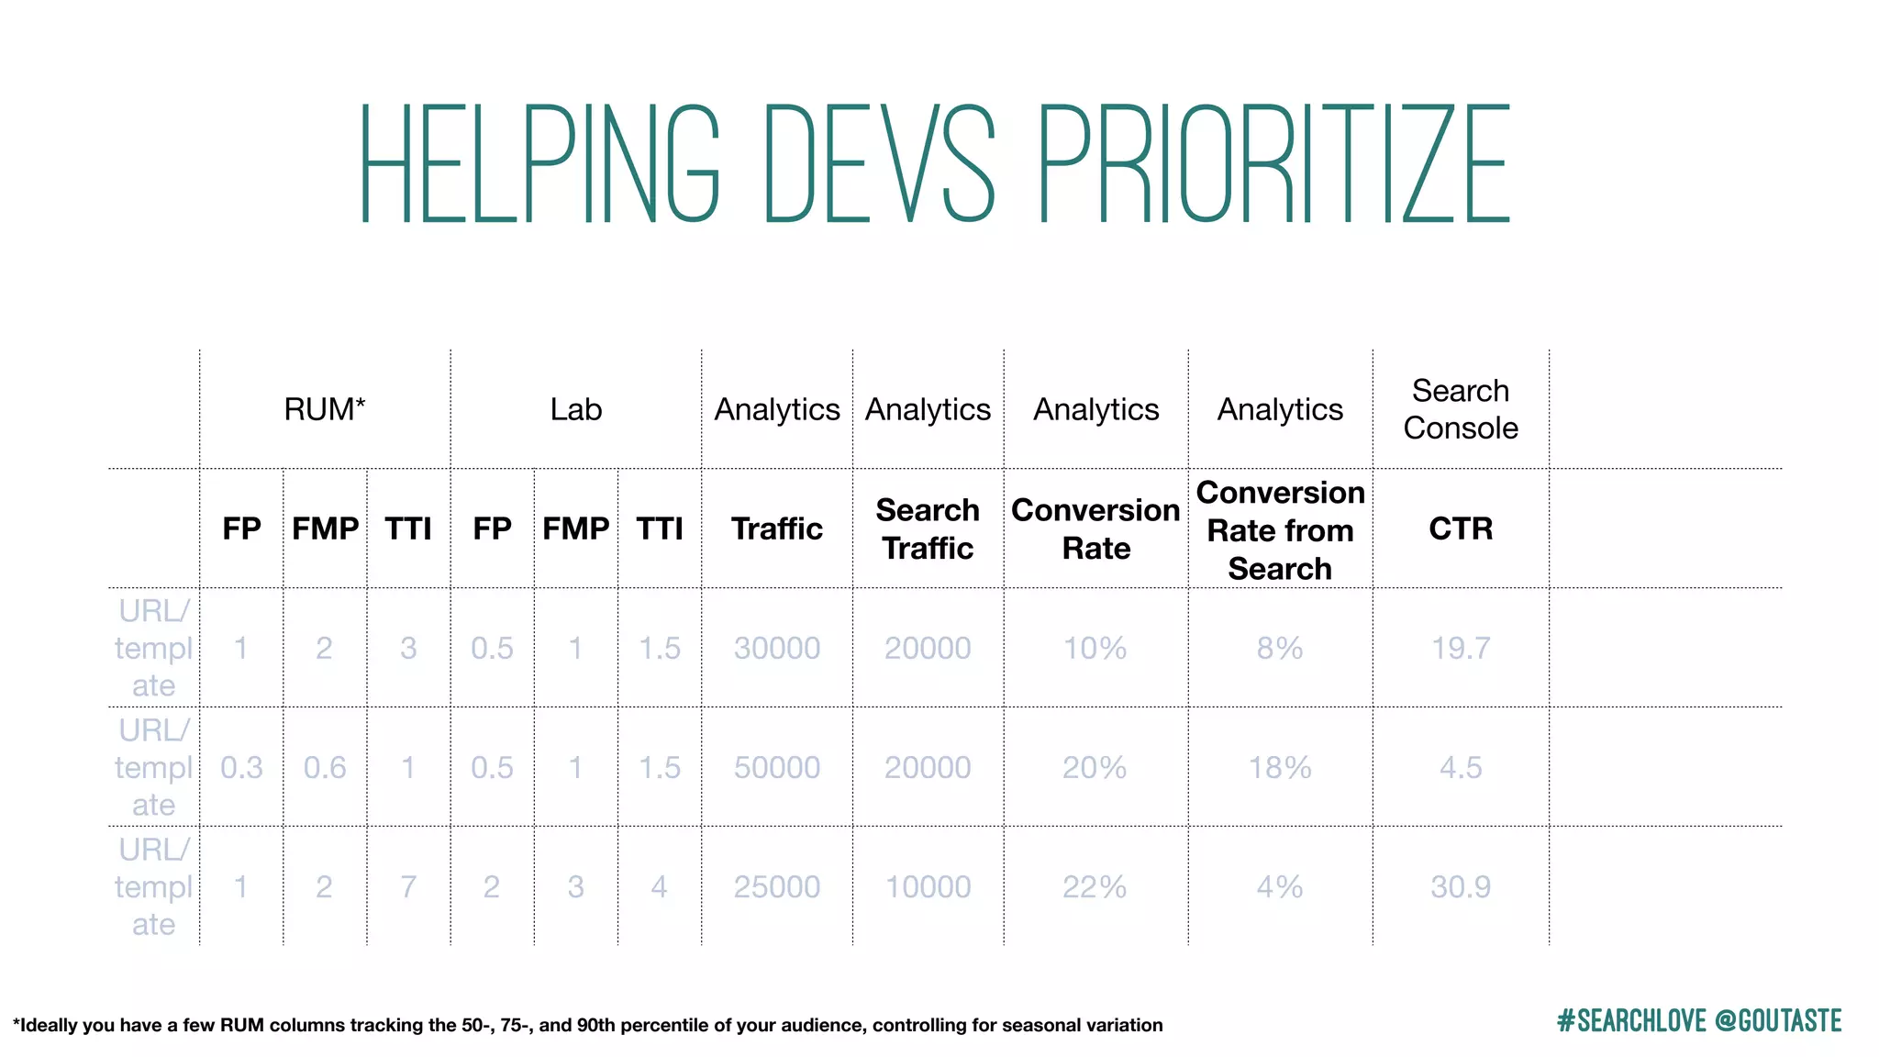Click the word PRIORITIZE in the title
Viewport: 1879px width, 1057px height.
[x=1273, y=165]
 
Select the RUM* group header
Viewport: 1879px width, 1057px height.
[x=325, y=409]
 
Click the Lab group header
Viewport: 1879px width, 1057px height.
[x=576, y=409]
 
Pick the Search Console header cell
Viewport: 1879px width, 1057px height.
[x=1461, y=409]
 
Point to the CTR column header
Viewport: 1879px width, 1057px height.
[x=1461, y=528]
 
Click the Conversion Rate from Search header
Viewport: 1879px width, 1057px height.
[x=1280, y=530]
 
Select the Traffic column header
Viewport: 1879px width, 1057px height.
[x=776, y=528]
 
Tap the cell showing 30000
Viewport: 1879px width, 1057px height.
[x=776, y=648]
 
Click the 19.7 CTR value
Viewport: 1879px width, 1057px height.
[x=1461, y=648]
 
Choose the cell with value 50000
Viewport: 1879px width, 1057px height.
[x=776, y=767]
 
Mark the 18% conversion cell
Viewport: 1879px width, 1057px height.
[x=1280, y=767]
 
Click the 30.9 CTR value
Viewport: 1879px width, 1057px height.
[x=1461, y=886]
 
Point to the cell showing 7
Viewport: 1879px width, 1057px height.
[x=408, y=886]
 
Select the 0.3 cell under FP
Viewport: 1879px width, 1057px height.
[x=241, y=767]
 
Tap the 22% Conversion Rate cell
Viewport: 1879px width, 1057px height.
[x=1095, y=886]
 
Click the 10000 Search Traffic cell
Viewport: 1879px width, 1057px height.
[x=928, y=886]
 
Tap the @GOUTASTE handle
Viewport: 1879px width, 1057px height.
[x=1778, y=1021]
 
